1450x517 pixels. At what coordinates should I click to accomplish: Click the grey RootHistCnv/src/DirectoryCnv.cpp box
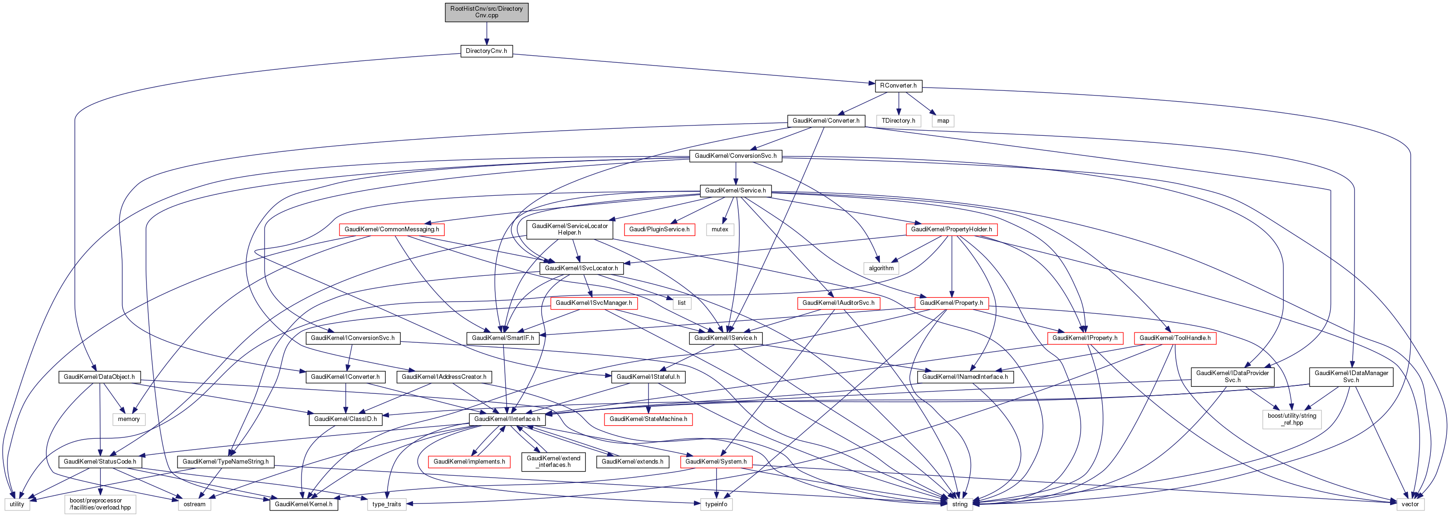point(486,12)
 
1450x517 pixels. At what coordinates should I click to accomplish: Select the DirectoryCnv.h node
point(486,51)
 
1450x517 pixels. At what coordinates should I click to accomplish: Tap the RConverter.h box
point(898,86)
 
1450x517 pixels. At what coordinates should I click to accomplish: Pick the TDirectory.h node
point(898,120)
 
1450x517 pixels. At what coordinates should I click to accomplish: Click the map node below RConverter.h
point(943,120)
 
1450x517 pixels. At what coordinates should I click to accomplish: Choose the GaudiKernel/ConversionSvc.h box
point(735,155)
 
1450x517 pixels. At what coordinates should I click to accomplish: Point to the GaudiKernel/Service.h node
point(735,190)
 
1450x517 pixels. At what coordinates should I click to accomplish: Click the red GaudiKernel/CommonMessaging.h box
point(392,229)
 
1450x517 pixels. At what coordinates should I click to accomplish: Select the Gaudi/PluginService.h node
point(659,229)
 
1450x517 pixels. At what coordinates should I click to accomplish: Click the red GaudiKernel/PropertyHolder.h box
point(951,229)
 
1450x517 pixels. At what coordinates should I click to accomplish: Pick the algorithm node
point(881,268)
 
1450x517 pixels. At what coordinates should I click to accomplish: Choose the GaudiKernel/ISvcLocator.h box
point(581,268)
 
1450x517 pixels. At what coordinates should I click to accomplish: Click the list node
point(681,303)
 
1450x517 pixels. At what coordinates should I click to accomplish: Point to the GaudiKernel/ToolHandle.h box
point(1175,338)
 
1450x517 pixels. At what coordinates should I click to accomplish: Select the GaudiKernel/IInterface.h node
point(507,419)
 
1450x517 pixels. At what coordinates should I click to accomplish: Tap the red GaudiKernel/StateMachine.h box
point(648,419)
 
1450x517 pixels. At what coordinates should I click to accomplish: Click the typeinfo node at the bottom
point(716,504)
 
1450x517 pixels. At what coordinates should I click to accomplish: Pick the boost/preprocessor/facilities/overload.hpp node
point(100,504)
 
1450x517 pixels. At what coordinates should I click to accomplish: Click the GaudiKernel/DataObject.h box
point(99,377)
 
